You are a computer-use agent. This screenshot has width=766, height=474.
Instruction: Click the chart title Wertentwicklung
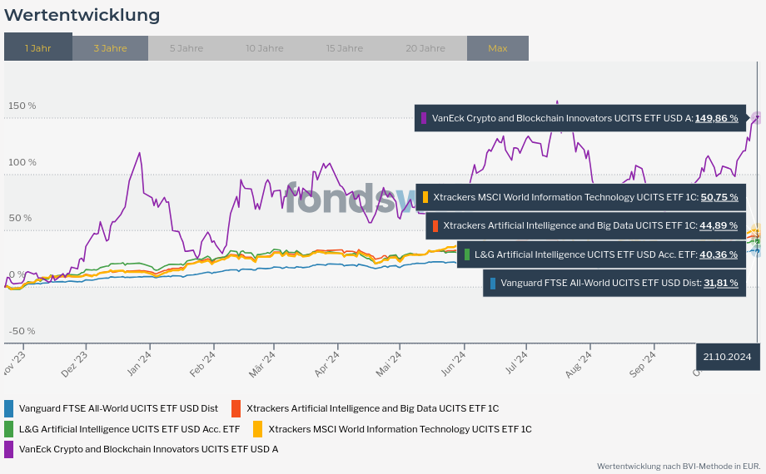[x=82, y=15]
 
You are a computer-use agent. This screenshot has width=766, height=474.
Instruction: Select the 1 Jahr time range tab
[x=38, y=47]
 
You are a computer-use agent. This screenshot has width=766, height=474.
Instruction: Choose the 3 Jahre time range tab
[x=110, y=47]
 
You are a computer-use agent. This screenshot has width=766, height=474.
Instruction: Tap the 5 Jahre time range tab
[x=186, y=47]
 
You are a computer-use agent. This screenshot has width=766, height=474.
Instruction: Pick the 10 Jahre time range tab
[x=264, y=47]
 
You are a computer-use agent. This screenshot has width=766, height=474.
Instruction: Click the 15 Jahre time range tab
[x=344, y=47]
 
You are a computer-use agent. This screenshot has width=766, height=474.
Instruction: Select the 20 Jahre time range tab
[x=425, y=47]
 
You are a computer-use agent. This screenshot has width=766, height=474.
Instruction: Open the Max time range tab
[x=497, y=47]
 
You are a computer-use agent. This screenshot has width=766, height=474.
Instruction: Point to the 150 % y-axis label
[x=22, y=106]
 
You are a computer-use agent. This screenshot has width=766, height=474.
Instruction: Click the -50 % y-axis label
[x=22, y=331]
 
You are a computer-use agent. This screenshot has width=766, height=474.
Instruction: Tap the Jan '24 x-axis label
[x=138, y=363]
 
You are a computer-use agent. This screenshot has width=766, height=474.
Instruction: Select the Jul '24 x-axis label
[x=516, y=363]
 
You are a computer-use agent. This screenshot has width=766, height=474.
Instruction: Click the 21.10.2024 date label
[x=727, y=356]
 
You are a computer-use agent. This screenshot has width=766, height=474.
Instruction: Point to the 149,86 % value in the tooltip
[x=716, y=118]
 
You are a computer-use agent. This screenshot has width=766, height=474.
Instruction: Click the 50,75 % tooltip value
[x=719, y=197]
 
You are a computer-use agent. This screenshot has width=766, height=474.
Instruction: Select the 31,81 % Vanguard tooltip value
[x=720, y=283]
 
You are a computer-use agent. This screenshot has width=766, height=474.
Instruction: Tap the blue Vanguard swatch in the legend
[x=9, y=408]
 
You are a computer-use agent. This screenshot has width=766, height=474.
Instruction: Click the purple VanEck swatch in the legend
[x=9, y=449]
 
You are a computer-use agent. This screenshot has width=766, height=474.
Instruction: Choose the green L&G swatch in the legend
[x=9, y=429]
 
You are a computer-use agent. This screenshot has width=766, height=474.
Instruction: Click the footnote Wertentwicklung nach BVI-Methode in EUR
[x=678, y=466]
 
